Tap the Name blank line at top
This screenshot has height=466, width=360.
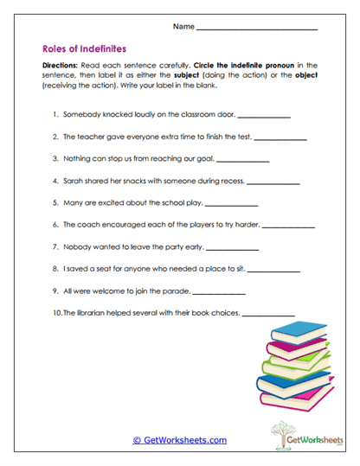click(x=257, y=29)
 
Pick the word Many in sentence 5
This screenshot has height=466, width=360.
click(x=73, y=204)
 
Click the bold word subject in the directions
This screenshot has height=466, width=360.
click(x=186, y=75)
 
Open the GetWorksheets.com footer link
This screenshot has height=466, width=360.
click(x=179, y=439)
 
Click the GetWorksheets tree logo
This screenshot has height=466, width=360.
click(x=290, y=433)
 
